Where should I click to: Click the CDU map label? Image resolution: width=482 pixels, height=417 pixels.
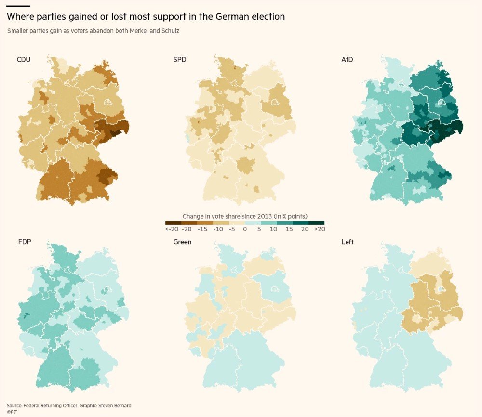pyautogui.click(x=24, y=60)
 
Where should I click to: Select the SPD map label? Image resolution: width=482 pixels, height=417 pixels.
pyautogui.click(x=180, y=60)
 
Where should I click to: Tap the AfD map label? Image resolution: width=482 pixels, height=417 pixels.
pyautogui.click(x=348, y=60)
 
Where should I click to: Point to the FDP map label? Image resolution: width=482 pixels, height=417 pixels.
pyautogui.click(x=25, y=242)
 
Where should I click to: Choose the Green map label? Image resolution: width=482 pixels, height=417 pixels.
pyautogui.click(x=182, y=242)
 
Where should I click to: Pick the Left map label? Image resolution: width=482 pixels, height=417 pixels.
pyautogui.click(x=347, y=242)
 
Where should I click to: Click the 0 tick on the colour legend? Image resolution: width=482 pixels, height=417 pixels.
pyautogui.click(x=245, y=229)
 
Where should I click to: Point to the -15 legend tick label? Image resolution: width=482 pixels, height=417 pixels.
pyautogui.click(x=202, y=229)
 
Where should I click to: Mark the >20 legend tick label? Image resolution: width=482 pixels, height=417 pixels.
pyautogui.click(x=319, y=229)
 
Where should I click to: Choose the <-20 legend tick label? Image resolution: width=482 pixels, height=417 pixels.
pyautogui.click(x=171, y=229)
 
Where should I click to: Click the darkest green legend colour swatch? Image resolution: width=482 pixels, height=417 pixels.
pyautogui.click(x=316, y=222)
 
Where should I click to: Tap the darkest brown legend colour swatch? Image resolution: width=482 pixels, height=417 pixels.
pyautogui.click(x=173, y=222)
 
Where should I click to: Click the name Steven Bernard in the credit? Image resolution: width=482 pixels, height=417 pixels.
pyautogui.click(x=114, y=406)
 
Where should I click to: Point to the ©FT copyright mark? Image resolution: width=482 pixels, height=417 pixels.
pyautogui.click(x=12, y=412)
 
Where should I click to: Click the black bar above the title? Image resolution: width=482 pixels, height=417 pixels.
pyautogui.click(x=18, y=6)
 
